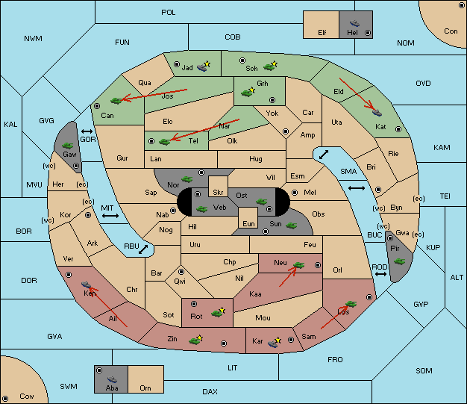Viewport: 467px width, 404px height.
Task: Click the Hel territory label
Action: [352, 32]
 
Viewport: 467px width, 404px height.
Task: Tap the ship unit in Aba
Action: [113, 379]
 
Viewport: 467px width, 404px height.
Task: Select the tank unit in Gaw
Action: [68, 146]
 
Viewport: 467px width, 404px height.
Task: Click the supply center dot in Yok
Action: [286, 131]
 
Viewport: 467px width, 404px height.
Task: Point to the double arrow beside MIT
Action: [110, 216]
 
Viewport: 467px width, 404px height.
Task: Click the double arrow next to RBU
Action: [143, 249]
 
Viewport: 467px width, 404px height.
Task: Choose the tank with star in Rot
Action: [219, 312]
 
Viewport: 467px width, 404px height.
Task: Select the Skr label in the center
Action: [218, 193]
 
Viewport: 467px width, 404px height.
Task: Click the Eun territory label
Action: [248, 223]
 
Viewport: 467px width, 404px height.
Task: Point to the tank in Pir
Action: [399, 261]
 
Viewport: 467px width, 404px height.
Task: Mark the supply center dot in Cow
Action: [5, 398]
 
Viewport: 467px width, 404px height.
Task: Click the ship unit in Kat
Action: [377, 113]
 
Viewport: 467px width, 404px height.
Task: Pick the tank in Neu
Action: [298, 265]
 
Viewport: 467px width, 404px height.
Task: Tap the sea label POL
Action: [169, 13]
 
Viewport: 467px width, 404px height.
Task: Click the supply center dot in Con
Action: [461, 5]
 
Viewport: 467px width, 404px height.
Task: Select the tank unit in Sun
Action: [291, 226]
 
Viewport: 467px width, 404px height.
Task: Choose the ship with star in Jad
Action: [204, 66]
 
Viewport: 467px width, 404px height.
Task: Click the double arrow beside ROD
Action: [380, 274]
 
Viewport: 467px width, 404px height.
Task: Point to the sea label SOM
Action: [424, 371]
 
